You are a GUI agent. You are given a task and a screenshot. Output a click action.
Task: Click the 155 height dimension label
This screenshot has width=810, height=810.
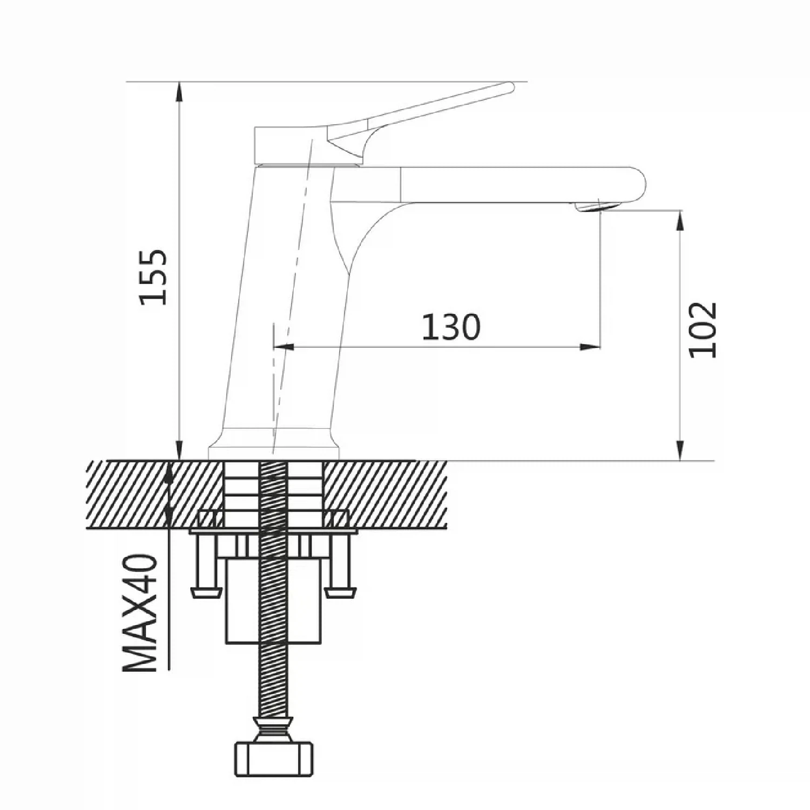(153, 277)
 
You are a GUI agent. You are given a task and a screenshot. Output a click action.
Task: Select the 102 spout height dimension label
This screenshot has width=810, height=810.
(703, 329)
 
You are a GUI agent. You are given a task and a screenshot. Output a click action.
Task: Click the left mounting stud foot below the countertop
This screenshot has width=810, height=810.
(206, 593)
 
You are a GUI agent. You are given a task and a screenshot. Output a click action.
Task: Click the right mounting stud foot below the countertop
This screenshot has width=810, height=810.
(340, 593)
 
